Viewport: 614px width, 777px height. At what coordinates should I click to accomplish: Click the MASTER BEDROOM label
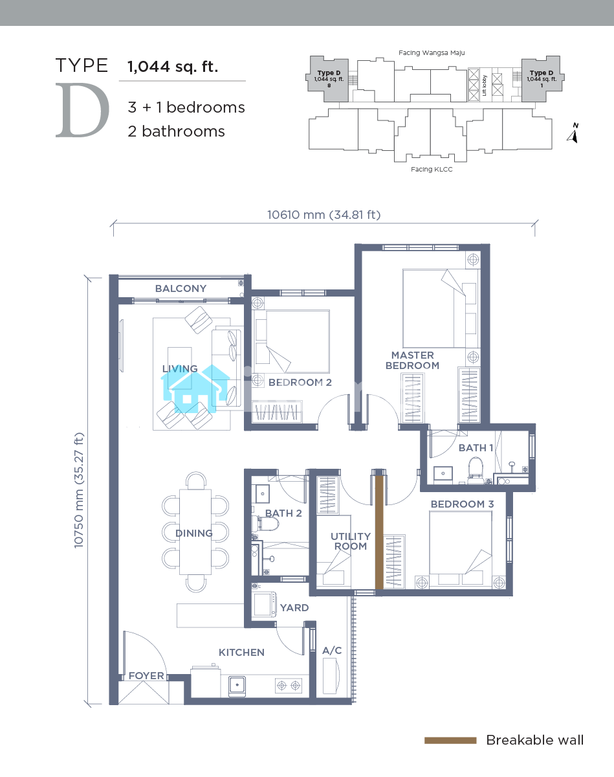412,361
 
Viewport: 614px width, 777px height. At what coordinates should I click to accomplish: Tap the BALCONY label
181,289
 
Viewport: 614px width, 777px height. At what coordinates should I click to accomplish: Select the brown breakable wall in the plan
379,532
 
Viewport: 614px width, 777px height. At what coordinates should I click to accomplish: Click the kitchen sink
237,685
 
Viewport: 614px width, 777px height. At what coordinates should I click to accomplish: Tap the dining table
195,532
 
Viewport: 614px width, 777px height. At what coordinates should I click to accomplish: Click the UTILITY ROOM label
350,541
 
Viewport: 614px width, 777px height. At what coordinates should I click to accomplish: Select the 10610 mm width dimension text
323,215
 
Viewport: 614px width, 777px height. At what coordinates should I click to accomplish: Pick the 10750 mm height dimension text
79,490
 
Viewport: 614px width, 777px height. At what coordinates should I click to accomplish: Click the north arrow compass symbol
573,133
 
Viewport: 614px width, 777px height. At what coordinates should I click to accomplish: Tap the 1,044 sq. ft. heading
173,67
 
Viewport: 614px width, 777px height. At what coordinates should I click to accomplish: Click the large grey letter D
82,110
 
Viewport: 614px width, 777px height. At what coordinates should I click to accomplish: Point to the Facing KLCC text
432,170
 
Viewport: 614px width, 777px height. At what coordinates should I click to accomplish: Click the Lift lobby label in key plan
484,85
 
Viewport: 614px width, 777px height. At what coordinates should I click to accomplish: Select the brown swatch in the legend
450,741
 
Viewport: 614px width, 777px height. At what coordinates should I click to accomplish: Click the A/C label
332,651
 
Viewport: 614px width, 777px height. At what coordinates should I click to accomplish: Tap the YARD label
294,607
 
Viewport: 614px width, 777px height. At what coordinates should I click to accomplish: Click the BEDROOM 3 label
462,504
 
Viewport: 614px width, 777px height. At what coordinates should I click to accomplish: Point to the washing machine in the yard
265,604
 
